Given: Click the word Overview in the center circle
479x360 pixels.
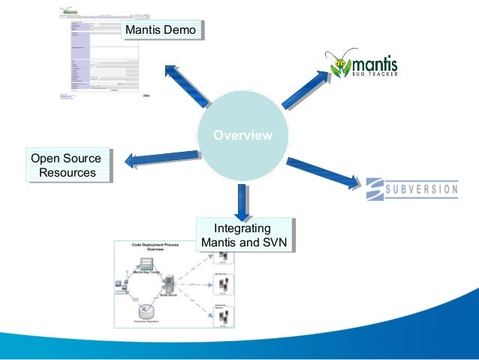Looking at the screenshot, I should click(x=243, y=136).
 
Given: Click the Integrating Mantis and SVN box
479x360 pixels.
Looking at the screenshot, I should click(x=242, y=235).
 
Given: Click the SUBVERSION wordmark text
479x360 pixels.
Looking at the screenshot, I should click(x=421, y=189).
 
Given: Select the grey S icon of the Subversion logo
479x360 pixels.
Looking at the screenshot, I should click(x=375, y=189).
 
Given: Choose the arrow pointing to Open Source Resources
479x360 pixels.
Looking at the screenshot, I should click(x=160, y=159).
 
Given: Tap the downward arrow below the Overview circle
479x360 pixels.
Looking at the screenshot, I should click(x=243, y=201).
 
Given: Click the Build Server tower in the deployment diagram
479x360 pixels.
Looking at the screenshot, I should click(x=170, y=285).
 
